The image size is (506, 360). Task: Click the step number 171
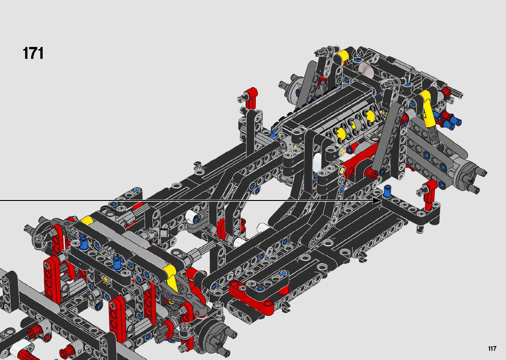click(33, 53)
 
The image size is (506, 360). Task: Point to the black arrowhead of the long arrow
click(377, 200)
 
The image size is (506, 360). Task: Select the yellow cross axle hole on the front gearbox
click(105, 279)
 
